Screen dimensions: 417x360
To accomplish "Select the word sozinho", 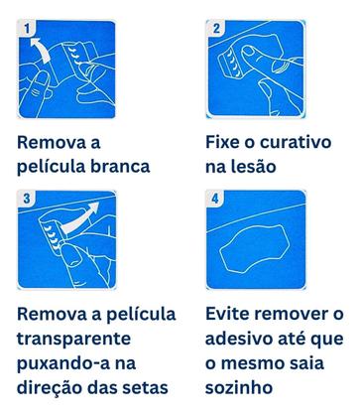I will coord(244,385).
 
